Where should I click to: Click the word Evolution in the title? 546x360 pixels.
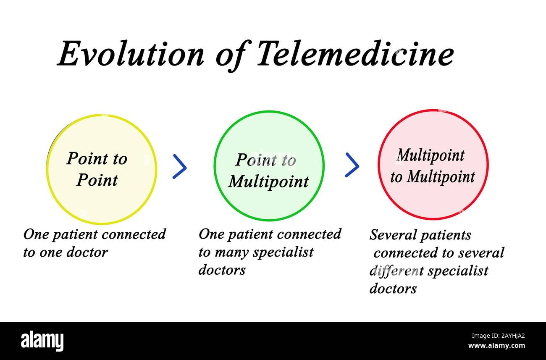[x=131, y=54]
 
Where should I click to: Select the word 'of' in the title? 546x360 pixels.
[x=233, y=55]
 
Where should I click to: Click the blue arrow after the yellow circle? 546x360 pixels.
[x=180, y=166]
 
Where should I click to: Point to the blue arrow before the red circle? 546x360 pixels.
[x=352, y=165]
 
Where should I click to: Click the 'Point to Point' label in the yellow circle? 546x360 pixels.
[x=97, y=169]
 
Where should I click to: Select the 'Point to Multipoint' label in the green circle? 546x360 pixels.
[x=268, y=171]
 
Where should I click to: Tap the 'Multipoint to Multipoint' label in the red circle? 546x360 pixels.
[x=433, y=166]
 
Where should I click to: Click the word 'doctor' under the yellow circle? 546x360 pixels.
[x=87, y=252]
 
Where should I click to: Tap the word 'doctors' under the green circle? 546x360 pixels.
[x=222, y=270]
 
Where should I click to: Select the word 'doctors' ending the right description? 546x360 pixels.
[x=393, y=289]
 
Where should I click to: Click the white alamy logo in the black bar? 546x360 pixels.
[x=42, y=341]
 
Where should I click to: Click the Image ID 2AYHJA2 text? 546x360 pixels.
[x=498, y=336]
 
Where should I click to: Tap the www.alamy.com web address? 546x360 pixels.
[x=496, y=346]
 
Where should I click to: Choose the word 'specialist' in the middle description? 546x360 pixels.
[x=283, y=252]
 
